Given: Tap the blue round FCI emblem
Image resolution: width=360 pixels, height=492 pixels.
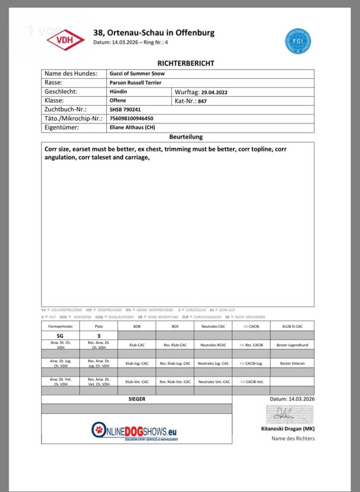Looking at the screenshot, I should pyautogui.click(x=299, y=41).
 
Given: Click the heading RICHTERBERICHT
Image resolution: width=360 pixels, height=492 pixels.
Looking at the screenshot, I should pyautogui.click(x=186, y=63).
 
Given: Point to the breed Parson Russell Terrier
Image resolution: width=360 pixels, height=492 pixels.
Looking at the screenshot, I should pyautogui.click(x=135, y=83).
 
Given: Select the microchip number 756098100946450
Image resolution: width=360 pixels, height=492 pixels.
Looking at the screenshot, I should pyautogui.click(x=132, y=118).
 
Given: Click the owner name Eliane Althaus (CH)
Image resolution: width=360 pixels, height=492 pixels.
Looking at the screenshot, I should pyautogui.click(x=132, y=128).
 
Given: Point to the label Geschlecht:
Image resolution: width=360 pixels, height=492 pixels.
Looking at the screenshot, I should pyautogui.click(x=61, y=92).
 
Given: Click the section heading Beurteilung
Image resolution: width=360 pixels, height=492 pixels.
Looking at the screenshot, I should pyautogui.click(x=186, y=137).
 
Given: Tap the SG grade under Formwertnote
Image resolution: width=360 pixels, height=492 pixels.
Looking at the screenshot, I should pyautogui.click(x=60, y=336).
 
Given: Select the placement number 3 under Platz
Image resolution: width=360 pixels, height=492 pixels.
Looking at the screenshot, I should pyautogui.click(x=98, y=336).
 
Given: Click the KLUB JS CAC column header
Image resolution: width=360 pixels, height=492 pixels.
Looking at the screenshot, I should pyautogui.click(x=292, y=326).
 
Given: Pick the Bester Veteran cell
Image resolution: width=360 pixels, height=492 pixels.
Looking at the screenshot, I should pyautogui.click(x=292, y=364).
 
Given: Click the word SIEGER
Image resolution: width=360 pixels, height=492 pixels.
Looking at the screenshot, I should pyautogui.click(x=137, y=399).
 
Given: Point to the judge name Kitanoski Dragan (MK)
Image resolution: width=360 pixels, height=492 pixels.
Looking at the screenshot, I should pyautogui.click(x=295, y=428).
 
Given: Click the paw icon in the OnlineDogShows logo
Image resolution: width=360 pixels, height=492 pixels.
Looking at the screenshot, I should pyautogui.click(x=98, y=429).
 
